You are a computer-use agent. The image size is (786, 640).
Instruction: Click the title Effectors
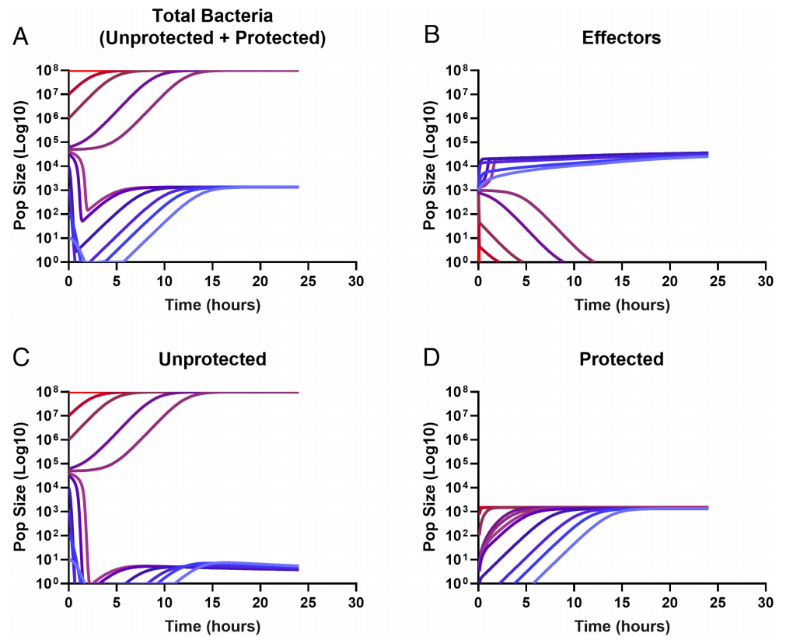click(621, 37)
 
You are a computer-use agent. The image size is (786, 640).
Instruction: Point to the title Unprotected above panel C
click(212, 359)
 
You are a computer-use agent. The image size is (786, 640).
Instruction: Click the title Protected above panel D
click(621, 359)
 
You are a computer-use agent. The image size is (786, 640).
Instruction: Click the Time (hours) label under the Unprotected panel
click(212, 626)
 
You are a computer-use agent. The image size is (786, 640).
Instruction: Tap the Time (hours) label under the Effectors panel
click(621, 305)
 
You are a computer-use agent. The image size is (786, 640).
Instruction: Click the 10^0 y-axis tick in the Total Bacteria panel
click(47, 262)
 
